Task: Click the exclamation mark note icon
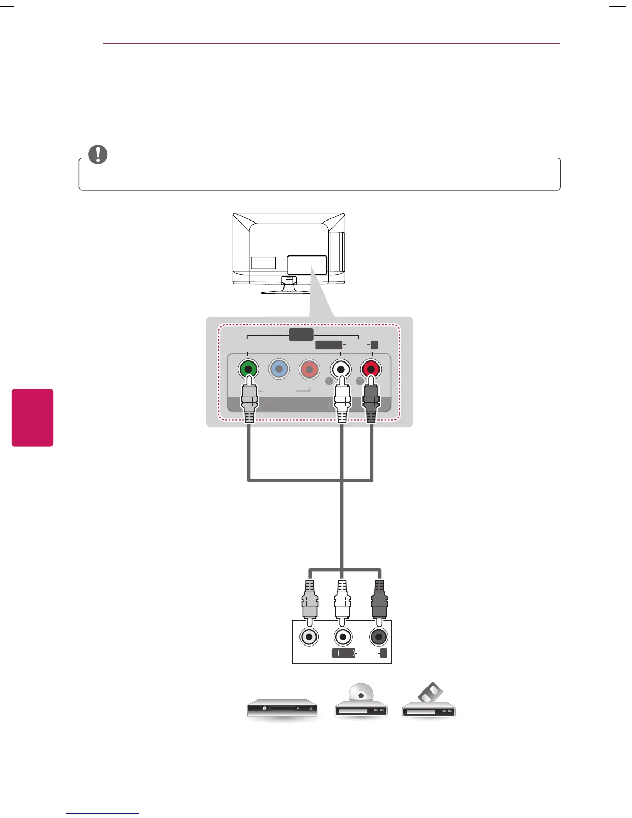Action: (98, 154)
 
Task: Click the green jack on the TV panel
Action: (248, 370)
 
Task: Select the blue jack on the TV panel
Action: (279, 369)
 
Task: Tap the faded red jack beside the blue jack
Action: (309, 370)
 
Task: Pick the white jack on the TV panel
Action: (341, 370)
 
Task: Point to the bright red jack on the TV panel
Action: (371, 370)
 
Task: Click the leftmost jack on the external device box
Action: (309, 637)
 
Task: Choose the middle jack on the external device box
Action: (343, 637)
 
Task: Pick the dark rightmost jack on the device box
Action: (379, 637)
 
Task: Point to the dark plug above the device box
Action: (379, 601)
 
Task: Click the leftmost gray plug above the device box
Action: (309, 601)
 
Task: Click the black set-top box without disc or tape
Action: (281, 709)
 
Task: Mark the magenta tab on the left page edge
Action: (33, 417)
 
